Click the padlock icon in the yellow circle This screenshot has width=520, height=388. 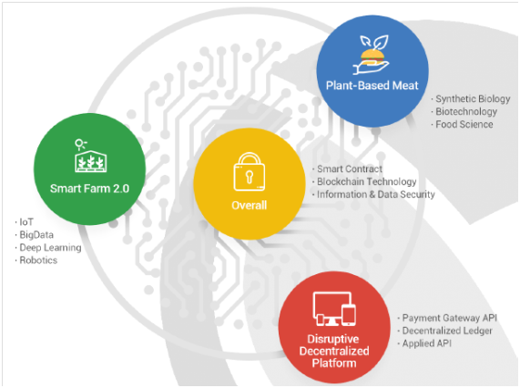pos(249,171)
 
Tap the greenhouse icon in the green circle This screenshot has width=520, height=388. pos(90,156)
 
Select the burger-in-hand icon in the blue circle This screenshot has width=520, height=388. pos(372,55)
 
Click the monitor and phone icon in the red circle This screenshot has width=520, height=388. pos(334,309)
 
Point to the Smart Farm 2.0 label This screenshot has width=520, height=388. pos(89,189)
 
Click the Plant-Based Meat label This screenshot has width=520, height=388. pos(372,86)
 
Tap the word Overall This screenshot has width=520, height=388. pos(249,205)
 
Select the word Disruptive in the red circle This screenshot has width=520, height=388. pos(333,339)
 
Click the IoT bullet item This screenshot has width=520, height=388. pos(25,222)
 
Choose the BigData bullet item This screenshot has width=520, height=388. pos(35,235)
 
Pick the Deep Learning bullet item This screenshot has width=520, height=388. pos(48,248)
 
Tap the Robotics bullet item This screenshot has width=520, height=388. pos(36,260)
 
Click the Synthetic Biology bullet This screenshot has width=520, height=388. pos(471,99)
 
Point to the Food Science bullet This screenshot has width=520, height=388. pos(462,125)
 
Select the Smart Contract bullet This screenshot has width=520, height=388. pos(348,168)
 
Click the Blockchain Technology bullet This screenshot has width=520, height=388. pos(364,182)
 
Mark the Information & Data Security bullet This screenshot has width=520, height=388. pos(373,194)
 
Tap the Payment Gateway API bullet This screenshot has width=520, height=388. pos(447,318)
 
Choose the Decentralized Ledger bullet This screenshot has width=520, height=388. pos(445,331)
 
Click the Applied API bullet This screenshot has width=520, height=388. pos(424,343)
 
